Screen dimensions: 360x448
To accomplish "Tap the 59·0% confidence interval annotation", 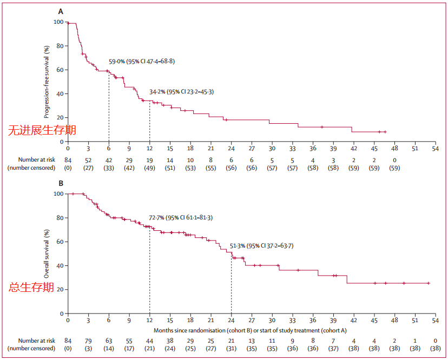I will (x=142, y=61).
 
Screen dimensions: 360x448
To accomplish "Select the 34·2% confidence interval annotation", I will (x=181, y=92).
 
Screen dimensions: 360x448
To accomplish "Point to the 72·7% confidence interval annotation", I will (x=180, y=217).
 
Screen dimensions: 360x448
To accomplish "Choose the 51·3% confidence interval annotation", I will (x=262, y=246).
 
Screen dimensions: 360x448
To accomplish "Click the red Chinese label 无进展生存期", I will (x=42, y=130).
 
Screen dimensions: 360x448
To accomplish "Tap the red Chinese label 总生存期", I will (x=31, y=288).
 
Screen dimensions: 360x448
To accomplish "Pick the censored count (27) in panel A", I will (x=88, y=168).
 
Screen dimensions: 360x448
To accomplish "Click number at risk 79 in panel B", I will (x=88, y=341).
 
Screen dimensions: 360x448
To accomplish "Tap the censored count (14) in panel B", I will (x=109, y=349).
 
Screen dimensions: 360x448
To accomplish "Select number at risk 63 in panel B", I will (x=109, y=341).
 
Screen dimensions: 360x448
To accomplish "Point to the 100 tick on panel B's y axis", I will (x=57, y=194).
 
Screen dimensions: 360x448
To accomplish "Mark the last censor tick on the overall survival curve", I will (x=429, y=283).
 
